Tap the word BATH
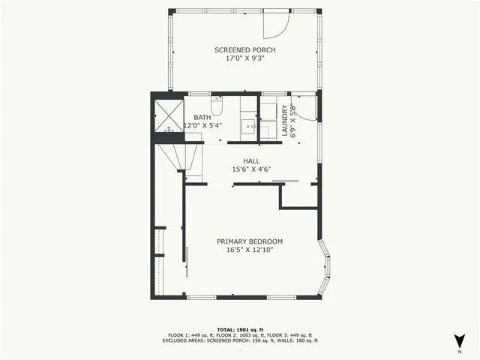[x=202, y=118]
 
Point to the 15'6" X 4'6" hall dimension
[x=250, y=169]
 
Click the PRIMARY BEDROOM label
[x=250, y=241]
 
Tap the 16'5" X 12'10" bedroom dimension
[x=250, y=250]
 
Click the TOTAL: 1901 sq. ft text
[x=240, y=329]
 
